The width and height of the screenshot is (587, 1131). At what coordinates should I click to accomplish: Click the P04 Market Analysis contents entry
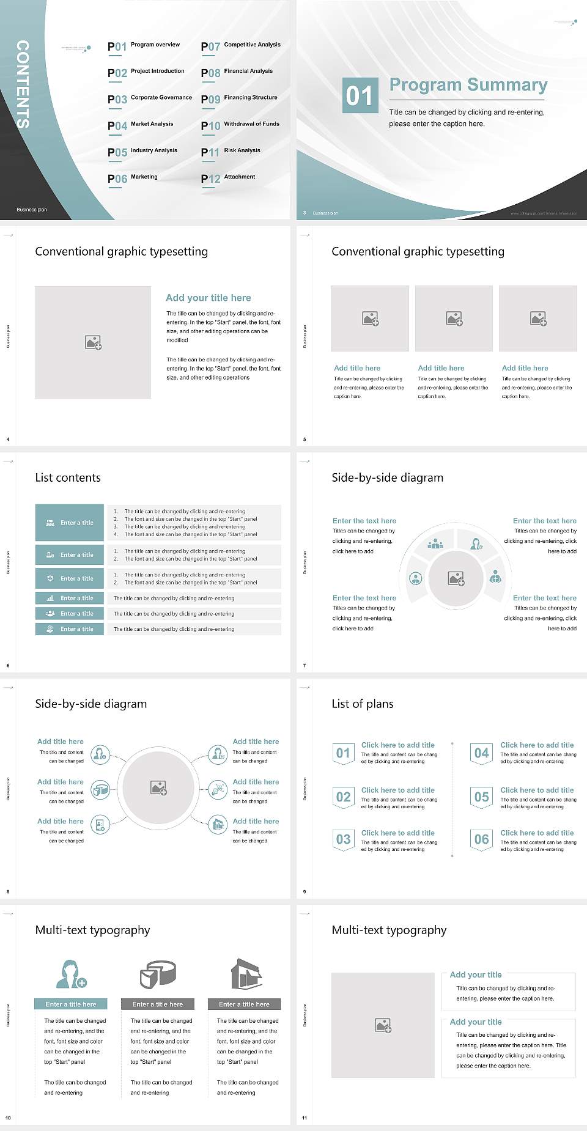[x=140, y=125]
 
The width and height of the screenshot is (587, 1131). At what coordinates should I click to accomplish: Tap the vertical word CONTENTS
[x=23, y=84]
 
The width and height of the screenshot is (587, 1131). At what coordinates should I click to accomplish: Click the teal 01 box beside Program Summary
[x=359, y=95]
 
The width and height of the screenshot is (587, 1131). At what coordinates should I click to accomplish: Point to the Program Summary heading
[x=468, y=85]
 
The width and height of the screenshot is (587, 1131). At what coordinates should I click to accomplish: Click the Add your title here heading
[x=208, y=298]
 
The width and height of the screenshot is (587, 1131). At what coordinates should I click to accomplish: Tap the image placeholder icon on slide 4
[x=93, y=342]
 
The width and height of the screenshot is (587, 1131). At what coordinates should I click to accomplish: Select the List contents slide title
[x=68, y=477]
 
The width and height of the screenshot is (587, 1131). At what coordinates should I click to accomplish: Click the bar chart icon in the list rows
[x=50, y=598]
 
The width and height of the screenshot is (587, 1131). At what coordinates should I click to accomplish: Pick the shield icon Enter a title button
[x=70, y=578]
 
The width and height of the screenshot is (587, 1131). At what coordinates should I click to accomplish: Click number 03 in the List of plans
[x=344, y=839]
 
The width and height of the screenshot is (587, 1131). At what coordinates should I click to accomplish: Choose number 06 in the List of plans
[x=482, y=839]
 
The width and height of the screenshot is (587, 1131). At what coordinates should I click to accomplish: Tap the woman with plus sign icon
[x=71, y=974]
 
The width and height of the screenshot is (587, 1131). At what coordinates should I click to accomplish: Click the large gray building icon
[x=247, y=974]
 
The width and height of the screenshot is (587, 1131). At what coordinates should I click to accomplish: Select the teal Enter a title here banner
[x=71, y=1004]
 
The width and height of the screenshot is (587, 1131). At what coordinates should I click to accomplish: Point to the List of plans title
[x=363, y=704]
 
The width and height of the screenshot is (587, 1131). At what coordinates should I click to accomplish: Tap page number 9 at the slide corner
[x=305, y=891]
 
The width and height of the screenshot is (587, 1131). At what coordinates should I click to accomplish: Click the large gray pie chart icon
[x=158, y=974]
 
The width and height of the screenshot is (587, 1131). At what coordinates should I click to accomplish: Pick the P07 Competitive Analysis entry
[x=240, y=46]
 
